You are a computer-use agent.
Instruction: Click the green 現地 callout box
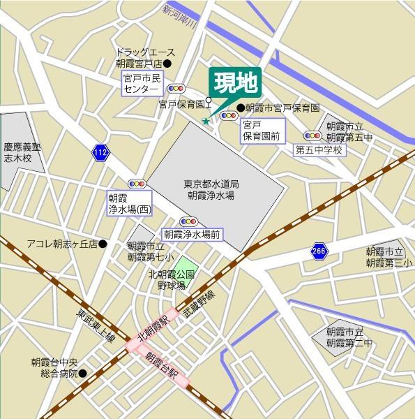coord(234,84)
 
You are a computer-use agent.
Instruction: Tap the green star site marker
coord(206,122)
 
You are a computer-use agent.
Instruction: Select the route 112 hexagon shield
coord(100,152)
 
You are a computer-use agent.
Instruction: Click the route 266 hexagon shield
coord(319,251)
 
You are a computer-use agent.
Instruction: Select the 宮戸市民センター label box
coord(142,84)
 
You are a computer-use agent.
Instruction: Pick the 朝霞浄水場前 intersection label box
coord(192,235)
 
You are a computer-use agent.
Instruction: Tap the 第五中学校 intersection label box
coord(319,149)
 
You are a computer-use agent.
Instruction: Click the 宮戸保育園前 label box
coord(260,131)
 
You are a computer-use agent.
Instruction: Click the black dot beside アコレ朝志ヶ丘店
coord(103,244)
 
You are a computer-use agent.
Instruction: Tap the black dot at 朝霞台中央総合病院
coord(82,373)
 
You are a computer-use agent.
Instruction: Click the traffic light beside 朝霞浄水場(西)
coord(136,184)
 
